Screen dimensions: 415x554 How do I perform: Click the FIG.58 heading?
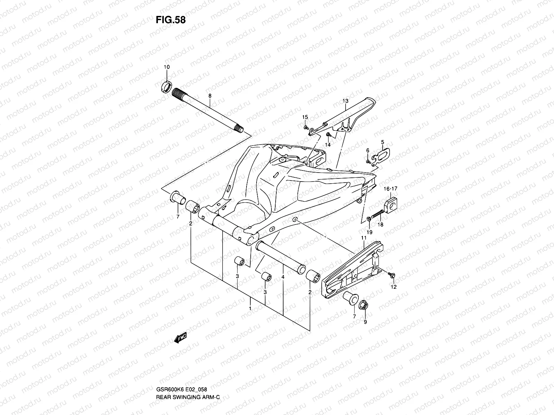click(171, 20)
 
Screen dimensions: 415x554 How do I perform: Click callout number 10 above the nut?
click(167, 67)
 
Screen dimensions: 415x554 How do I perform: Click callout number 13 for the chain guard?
click(345, 101)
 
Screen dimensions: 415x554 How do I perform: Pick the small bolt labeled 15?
click(306, 128)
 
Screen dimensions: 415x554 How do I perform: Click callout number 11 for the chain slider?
click(364, 238)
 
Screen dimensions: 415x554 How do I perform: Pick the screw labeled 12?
click(392, 275)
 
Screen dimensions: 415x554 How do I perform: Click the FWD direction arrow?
click(180, 337)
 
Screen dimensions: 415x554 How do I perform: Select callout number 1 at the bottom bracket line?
click(250, 307)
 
